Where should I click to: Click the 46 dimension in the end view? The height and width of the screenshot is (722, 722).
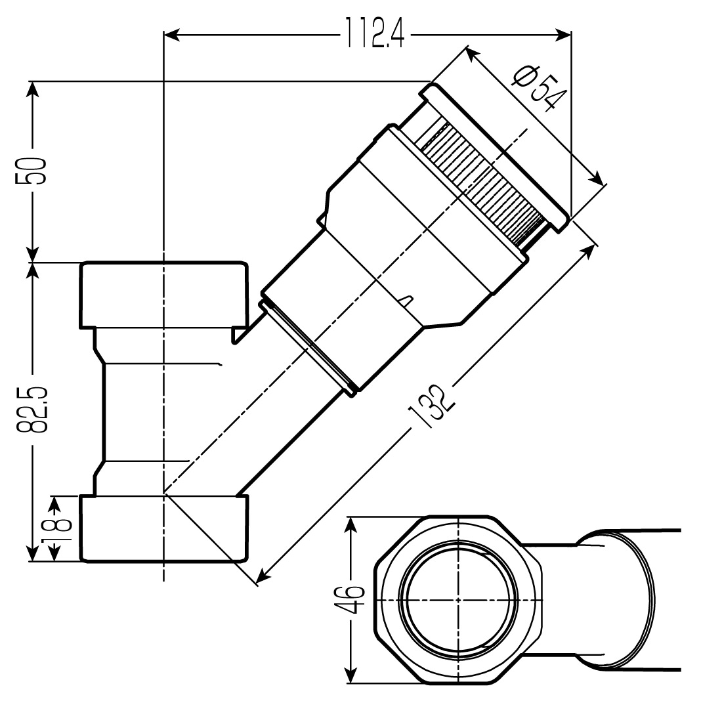(x=354, y=599)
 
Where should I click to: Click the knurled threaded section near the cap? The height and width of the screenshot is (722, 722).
(x=482, y=180)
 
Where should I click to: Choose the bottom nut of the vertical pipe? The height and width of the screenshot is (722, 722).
(x=164, y=528)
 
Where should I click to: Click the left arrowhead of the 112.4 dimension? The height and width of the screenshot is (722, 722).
(x=169, y=33)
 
